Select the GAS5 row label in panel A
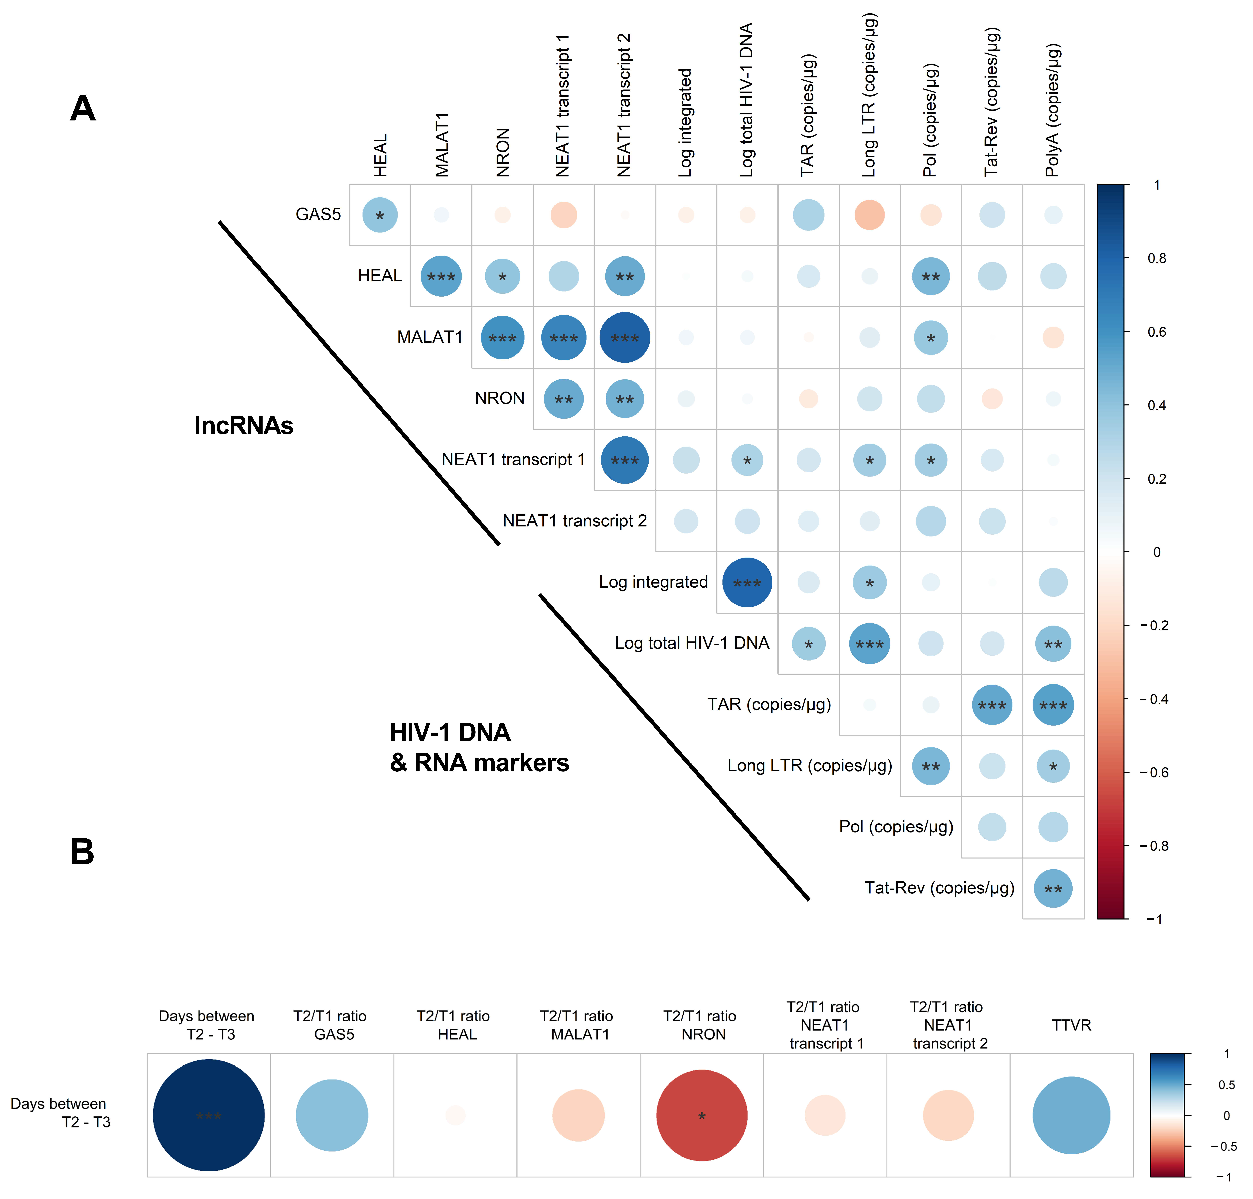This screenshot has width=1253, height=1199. pyautogui.click(x=318, y=215)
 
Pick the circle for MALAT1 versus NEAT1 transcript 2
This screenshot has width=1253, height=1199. pyautogui.click(x=624, y=337)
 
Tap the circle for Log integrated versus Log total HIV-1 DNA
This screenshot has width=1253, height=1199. pyautogui.click(x=747, y=582)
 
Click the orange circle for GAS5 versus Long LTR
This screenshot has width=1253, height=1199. pyautogui.click(x=870, y=215)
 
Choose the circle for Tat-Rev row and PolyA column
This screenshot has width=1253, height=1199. pyautogui.click(x=1053, y=888)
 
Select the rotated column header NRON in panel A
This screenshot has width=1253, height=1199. pyautogui.click(x=503, y=152)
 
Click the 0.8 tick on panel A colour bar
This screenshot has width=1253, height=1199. pyautogui.click(x=1156, y=258)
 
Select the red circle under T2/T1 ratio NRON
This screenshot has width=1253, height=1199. pyautogui.click(x=702, y=1115)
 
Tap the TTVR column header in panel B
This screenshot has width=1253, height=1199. pyautogui.click(x=1071, y=1025)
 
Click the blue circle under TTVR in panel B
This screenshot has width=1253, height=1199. pyautogui.click(x=1071, y=1115)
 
